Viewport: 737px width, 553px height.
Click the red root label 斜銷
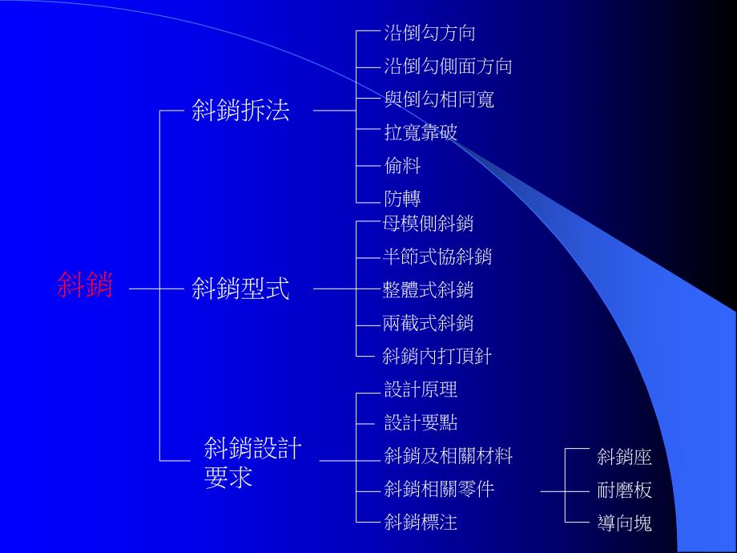point(85,285)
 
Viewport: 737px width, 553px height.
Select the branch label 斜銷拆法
point(240,111)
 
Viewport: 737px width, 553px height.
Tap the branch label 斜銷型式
point(240,289)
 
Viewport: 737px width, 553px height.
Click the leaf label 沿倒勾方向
point(429,33)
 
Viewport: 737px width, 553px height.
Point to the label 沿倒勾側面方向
point(448,66)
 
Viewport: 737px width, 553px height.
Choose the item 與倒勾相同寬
point(439,99)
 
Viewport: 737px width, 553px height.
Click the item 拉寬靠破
point(421,132)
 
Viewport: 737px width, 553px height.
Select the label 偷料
point(402,166)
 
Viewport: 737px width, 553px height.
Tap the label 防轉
point(402,199)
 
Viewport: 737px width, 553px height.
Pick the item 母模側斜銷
point(429,224)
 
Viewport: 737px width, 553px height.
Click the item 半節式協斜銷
point(437,256)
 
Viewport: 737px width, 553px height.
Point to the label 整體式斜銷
point(429,289)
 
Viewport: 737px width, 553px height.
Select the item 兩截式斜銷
point(429,322)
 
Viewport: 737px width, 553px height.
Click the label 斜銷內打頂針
point(437,356)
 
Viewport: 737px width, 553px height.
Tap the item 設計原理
point(421,390)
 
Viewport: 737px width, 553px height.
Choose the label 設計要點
point(421,423)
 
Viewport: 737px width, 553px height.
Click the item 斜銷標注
point(421,523)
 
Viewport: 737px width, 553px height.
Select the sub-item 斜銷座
point(625,458)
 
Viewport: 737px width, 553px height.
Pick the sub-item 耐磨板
point(625,490)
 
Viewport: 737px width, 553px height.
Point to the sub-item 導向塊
point(625,523)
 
